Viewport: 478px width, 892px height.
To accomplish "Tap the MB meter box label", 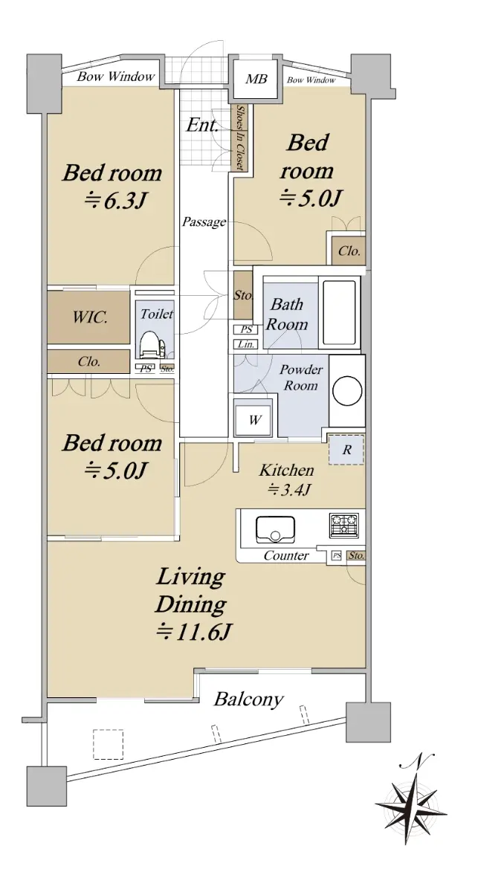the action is click(x=256, y=79).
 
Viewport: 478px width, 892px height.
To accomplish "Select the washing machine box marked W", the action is click(x=254, y=420).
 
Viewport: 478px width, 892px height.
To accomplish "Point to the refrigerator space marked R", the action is click(x=346, y=450).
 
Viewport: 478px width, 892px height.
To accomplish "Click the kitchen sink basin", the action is click(x=275, y=529).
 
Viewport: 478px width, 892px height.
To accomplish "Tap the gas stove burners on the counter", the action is click(x=343, y=525).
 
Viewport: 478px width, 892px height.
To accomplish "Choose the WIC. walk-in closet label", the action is click(x=90, y=318).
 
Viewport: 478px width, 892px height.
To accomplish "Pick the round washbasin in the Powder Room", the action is click(x=348, y=390).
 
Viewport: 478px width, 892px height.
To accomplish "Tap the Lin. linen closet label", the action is click(x=246, y=344).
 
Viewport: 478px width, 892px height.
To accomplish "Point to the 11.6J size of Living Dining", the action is click(x=193, y=633).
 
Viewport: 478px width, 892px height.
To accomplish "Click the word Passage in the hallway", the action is click(x=204, y=222).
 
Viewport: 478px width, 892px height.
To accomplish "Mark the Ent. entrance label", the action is click(x=202, y=126).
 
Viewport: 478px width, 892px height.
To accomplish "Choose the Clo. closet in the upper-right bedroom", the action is click(x=349, y=251).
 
